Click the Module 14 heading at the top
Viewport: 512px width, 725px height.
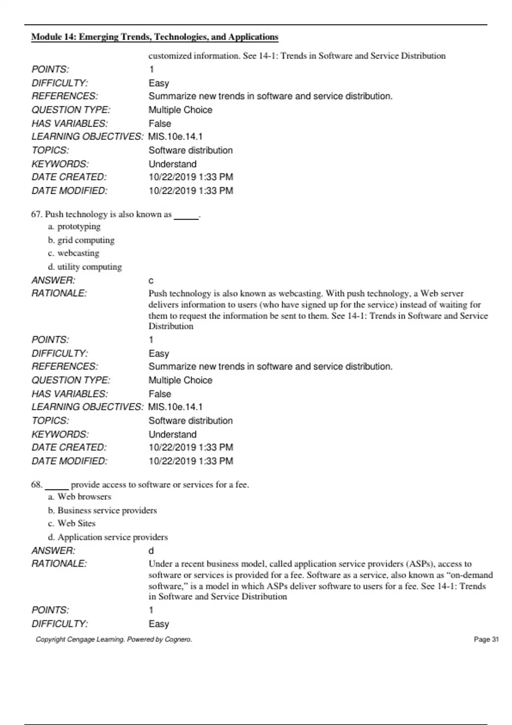pos(154,37)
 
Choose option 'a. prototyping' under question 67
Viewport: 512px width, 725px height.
pos(75,226)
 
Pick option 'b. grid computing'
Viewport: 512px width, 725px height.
pos(81,240)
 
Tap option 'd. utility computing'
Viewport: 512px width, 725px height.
pos(85,267)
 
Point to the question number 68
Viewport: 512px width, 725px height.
pos(36,485)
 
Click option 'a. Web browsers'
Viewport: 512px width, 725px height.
pos(80,497)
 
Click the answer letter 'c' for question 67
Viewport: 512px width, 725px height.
pos(151,281)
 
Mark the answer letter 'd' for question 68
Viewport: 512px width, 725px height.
pos(151,551)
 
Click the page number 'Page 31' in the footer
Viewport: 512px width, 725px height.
pos(486,639)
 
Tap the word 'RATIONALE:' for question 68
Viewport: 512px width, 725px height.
pos(59,564)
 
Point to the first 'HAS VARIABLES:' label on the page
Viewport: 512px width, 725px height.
pos(70,124)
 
